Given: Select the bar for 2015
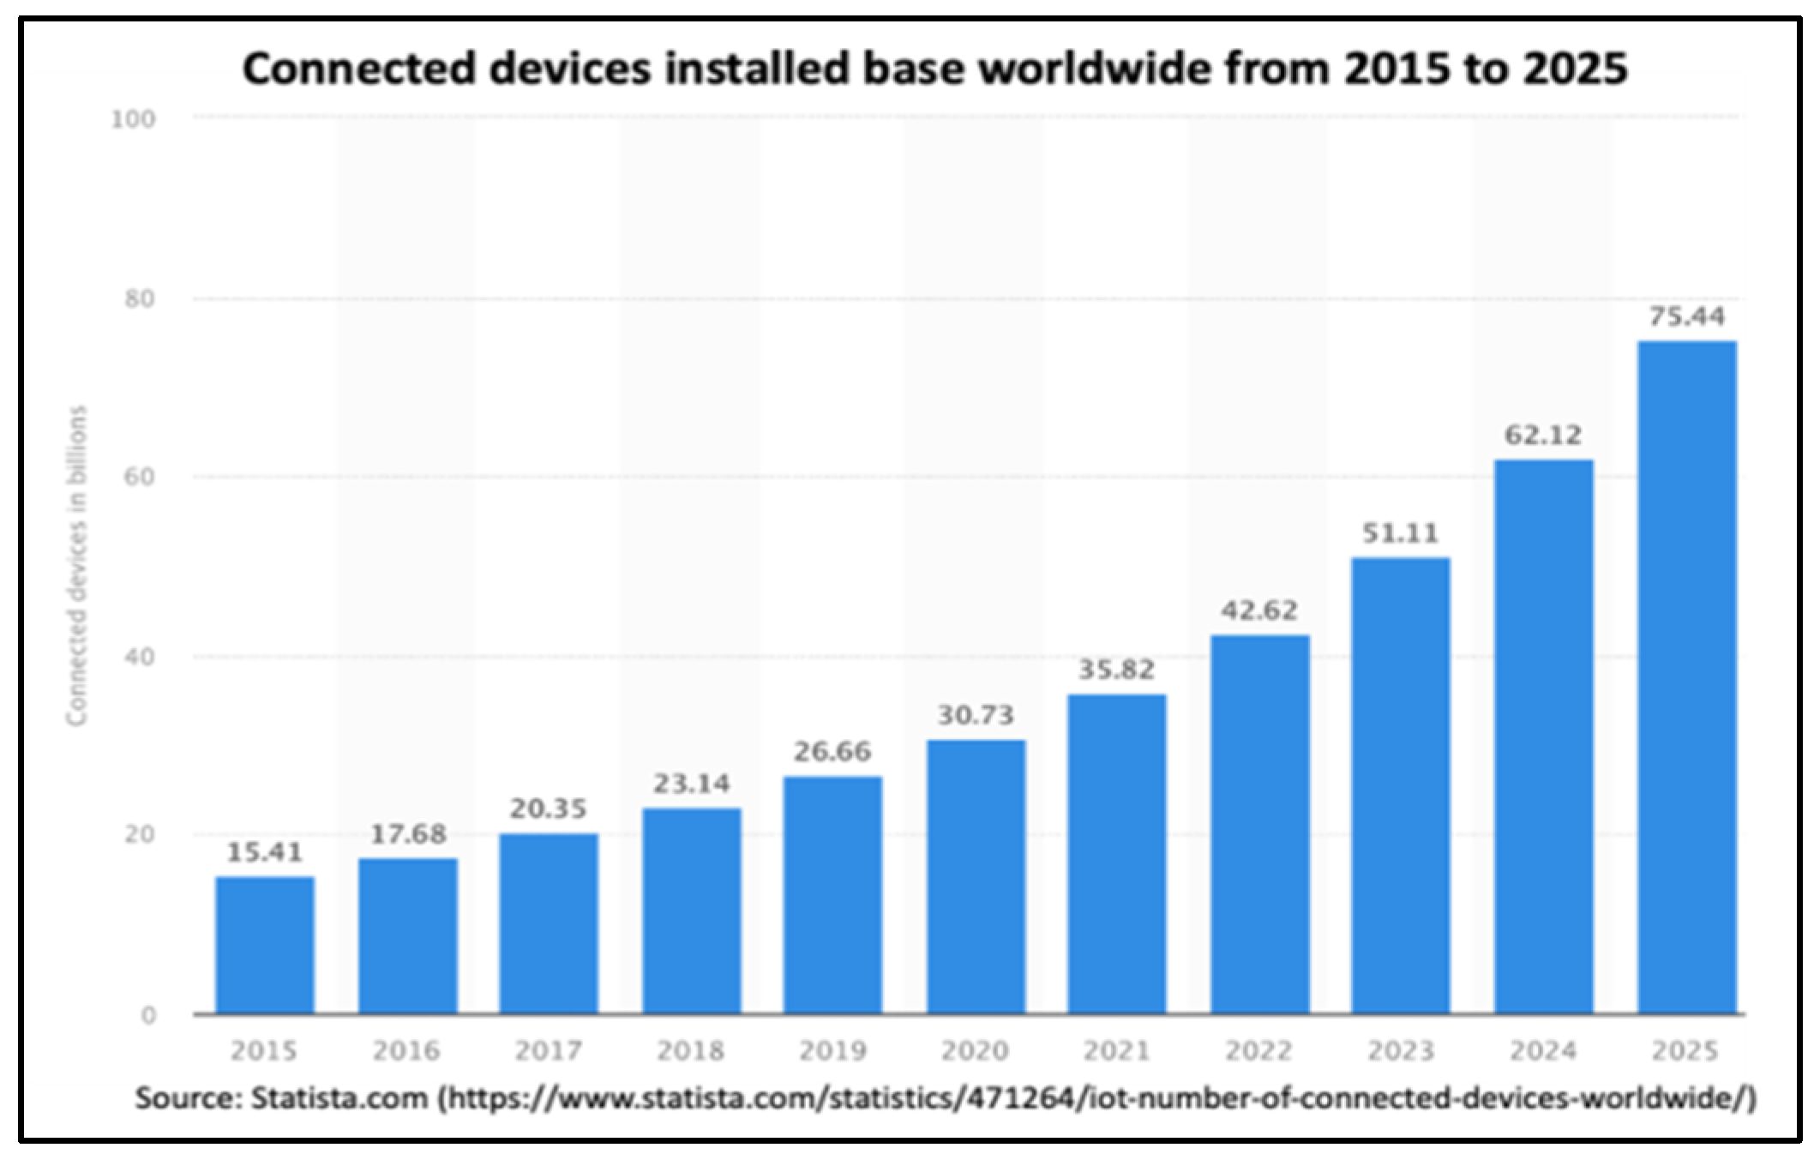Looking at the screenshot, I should (264, 945).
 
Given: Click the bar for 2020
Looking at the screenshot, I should (976, 876).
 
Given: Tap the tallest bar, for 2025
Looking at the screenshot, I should (1686, 677).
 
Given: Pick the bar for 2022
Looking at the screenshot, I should (1259, 824).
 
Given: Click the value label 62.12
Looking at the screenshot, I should (1543, 436).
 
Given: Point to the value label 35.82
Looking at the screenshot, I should (1116, 669).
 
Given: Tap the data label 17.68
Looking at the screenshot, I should (408, 834).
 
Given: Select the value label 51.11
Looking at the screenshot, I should (1400, 533).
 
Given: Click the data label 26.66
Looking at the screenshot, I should (832, 752).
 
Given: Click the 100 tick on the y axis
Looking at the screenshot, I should (134, 119).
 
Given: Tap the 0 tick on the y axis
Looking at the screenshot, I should (148, 1015).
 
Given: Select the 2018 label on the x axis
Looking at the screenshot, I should (691, 1051).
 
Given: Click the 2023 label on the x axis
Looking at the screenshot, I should (1401, 1051).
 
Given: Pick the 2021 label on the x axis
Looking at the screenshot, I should (1116, 1051).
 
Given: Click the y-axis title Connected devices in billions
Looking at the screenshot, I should (78, 566).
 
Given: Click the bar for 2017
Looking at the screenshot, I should (549, 923).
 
